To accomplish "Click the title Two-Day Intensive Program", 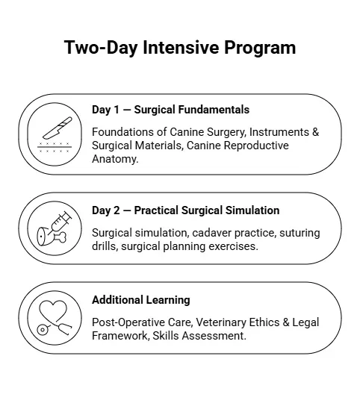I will pyautogui.click(x=180, y=48).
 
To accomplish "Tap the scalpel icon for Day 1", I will pyautogui.click(x=55, y=134).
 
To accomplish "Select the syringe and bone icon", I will pyautogui.click(x=55, y=228).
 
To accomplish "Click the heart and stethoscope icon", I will pyautogui.click(x=55, y=318).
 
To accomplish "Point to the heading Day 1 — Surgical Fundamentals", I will pyautogui.click(x=170, y=110).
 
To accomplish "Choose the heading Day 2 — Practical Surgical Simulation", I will pyautogui.click(x=185, y=210).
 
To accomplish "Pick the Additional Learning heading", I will pyautogui.click(x=140, y=300).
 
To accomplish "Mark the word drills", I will pyautogui.click(x=105, y=246).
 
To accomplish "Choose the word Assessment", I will pyautogui.click(x=214, y=336).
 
